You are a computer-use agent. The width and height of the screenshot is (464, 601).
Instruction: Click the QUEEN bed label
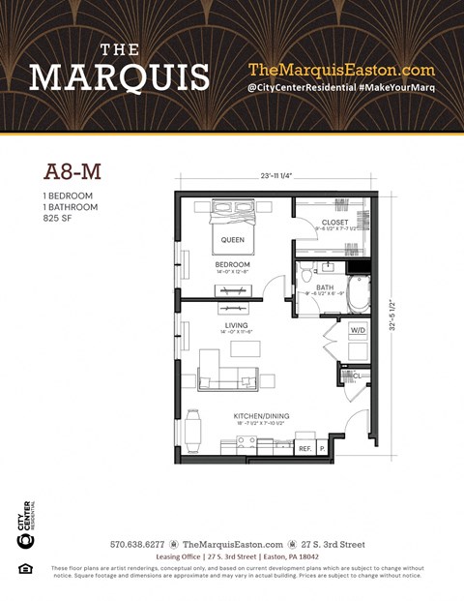233,239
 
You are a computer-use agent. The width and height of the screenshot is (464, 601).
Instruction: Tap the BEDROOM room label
232,264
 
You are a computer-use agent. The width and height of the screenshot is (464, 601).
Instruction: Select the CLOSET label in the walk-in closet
334,223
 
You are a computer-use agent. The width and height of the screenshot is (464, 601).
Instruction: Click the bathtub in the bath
358,294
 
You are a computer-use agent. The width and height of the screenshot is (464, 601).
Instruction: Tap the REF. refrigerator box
304,448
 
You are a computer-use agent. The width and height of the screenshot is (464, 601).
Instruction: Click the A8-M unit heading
72,172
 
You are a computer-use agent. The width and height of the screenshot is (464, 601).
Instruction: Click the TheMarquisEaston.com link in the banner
341,70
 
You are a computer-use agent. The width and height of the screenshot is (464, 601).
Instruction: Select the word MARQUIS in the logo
120,76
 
